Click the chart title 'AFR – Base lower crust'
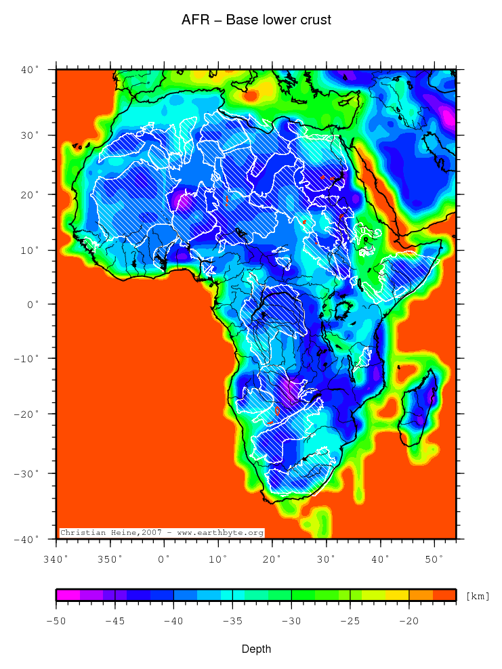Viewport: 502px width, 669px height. click(x=256, y=20)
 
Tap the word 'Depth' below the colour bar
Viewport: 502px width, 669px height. click(x=257, y=649)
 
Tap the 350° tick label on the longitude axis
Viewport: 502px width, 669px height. click(x=110, y=559)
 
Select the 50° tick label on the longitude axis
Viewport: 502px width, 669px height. click(x=434, y=559)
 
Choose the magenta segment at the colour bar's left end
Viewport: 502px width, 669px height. click(x=68, y=595)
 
